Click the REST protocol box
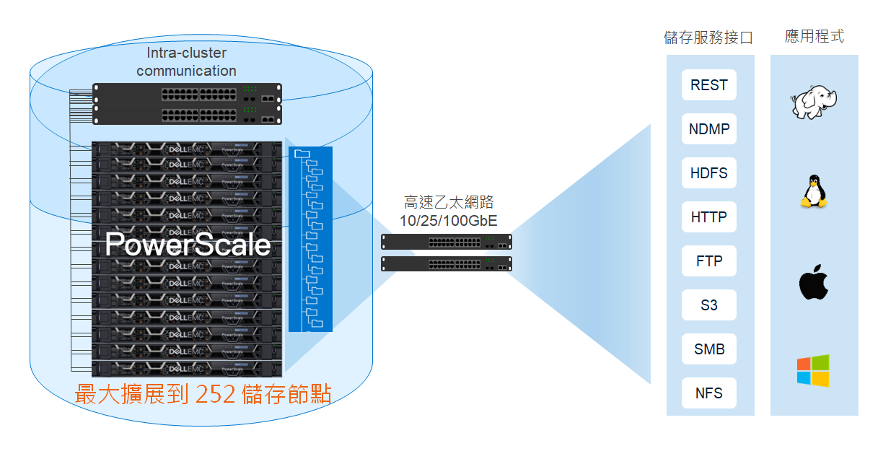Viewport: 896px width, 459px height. coord(708,85)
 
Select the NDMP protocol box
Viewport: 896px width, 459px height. coord(708,129)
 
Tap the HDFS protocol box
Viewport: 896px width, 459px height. coord(708,173)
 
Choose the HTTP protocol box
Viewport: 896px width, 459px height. coord(708,217)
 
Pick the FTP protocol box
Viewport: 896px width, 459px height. coord(708,261)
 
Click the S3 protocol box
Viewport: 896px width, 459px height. coord(708,305)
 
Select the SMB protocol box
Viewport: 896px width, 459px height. coord(708,349)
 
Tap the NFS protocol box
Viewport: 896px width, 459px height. coord(708,393)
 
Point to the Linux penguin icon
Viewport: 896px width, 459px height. coord(813,192)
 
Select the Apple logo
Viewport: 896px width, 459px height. coord(813,283)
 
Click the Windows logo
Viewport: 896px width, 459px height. coord(813,370)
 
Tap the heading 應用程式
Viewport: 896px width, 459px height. coord(814,37)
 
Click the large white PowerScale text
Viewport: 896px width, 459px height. coord(188,245)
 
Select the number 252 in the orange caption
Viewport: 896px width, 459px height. coord(215,395)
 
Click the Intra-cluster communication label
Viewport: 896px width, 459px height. coord(186,62)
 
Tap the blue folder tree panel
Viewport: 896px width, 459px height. coord(310,239)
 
